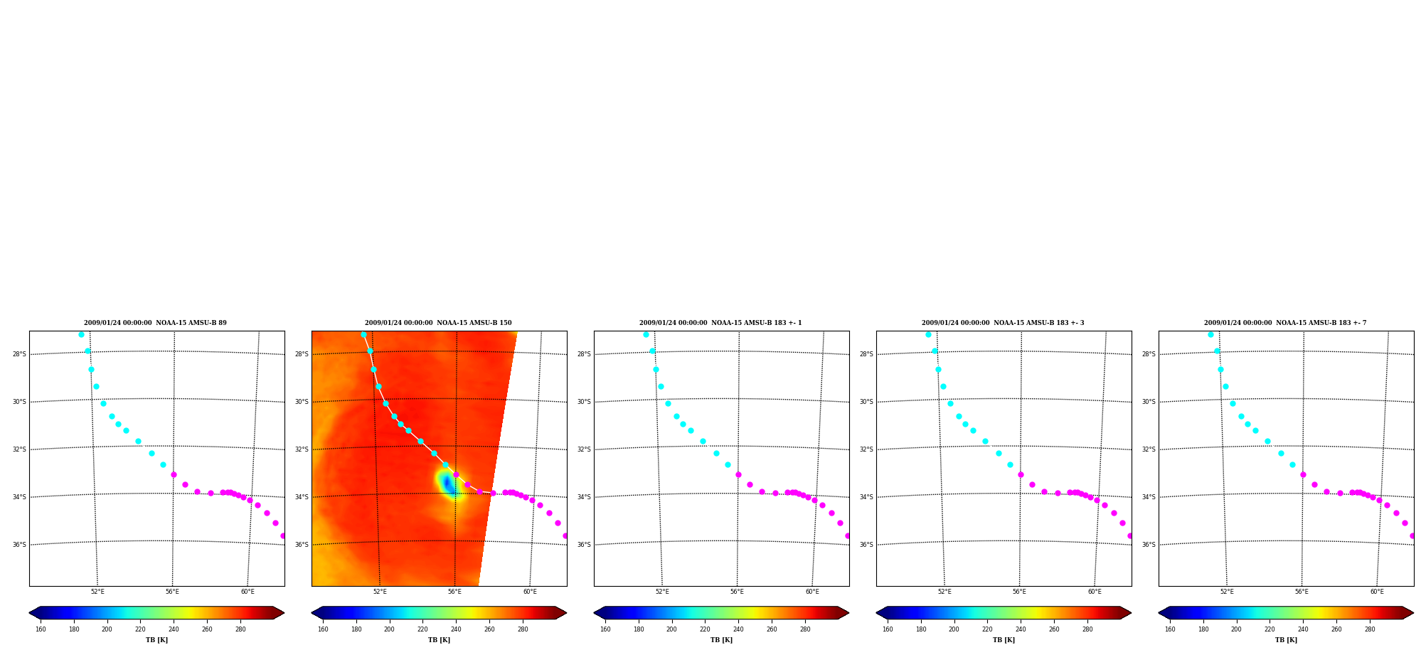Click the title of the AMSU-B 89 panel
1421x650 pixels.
(x=155, y=323)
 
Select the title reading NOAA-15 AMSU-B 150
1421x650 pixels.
(x=438, y=323)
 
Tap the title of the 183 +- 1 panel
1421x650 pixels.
(x=720, y=323)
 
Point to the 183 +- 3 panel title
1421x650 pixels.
(x=1003, y=323)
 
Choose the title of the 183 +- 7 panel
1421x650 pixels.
(x=1285, y=323)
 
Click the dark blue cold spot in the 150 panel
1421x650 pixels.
(x=449, y=484)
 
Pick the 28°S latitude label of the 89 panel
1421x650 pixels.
(x=19, y=354)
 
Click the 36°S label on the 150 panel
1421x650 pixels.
(x=302, y=545)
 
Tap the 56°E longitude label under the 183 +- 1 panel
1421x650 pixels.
(x=737, y=592)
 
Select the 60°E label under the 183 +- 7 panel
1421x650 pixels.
(x=1377, y=592)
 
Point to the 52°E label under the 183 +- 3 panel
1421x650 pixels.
(x=944, y=592)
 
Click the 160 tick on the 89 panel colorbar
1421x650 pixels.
(x=41, y=629)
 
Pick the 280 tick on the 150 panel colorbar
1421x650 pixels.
(x=523, y=629)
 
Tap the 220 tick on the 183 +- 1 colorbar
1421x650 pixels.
(x=705, y=629)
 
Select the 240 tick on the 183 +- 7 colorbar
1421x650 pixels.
(x=1303, y=629)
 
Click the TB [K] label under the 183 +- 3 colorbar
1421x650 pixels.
(x=1004, y=640)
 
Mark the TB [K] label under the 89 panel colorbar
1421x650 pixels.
(x=156, y=640)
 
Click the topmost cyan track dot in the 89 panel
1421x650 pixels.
(x=81, y=334)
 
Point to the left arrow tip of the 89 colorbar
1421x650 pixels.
(x=29, y=613)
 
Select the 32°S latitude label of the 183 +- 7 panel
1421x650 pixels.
(x=1149, y=449)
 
